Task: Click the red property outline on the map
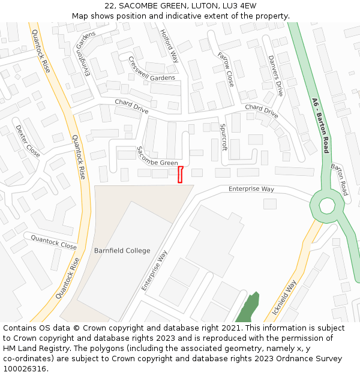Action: point(179,174)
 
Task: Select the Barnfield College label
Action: point(122,251)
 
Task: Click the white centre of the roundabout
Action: point(326,206)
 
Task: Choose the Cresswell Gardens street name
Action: point(151,69)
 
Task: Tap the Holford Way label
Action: point(170,46)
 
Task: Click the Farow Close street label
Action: point(226,69)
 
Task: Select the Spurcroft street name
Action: point(223,137)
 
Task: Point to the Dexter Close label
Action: point(28,141)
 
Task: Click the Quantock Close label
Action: point(53,242)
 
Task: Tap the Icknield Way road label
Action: point(284,298)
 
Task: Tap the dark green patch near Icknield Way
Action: point(246,308)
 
